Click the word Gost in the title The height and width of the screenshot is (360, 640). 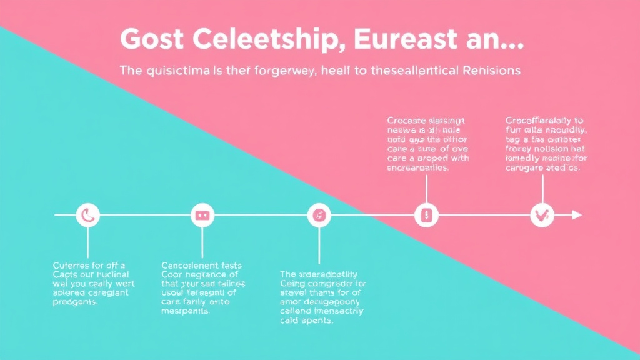click(x=151, y=39)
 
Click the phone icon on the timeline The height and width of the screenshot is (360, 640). click(x=87, y=216)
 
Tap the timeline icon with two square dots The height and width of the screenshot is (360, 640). click(x=202, y=216)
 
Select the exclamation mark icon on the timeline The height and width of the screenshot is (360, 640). click(x=426, y=216)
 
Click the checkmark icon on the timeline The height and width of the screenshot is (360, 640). click(x=541, y=216)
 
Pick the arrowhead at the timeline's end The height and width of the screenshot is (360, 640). click(x=577, y=216)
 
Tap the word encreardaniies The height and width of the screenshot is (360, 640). click(x=418, y=168)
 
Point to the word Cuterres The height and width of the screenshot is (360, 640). click(x=71, y=266)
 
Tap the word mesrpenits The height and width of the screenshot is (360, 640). click(x=186, y=312)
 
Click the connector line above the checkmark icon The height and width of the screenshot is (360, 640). click(x=542, y=189)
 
